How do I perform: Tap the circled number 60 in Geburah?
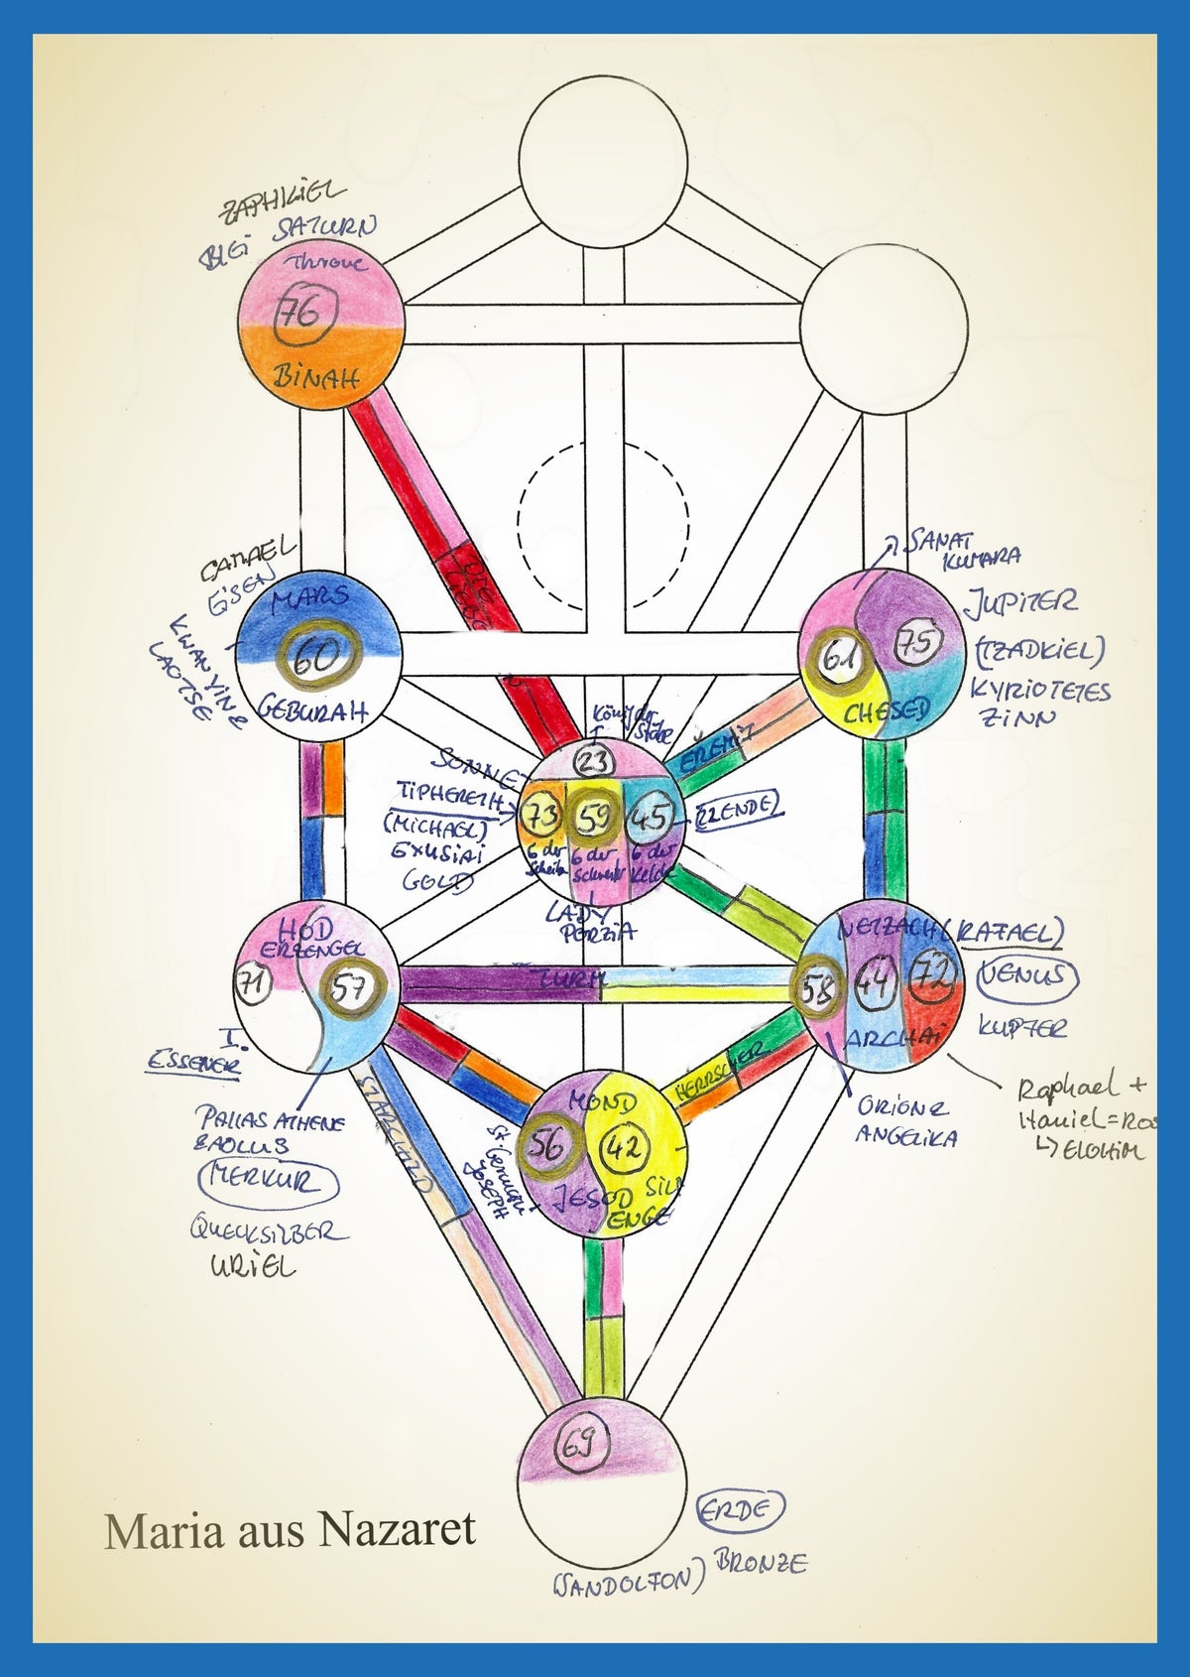pyautogui.click(x=317, y=656)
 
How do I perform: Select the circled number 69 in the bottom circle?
pyautogui.click(x=577, y=1446)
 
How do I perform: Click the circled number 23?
pyautogui.click(x=594, y=762)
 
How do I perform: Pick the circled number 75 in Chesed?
pyautogui.click(x=917, y=643)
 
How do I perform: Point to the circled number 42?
pyautogui.click(x=625, y=1148)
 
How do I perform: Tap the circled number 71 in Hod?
pyautogui.click(x=255, y=984)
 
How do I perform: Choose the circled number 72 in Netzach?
pyautogui.click(x=934, y=977)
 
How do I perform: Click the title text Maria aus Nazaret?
pyautogui.click(x=291, y=1529)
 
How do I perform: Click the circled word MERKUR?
pyautogui.click(x=269, y=1181)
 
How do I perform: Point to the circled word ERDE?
pyautogui.click(x=740, y=1510)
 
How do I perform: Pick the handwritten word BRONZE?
pyautogui.click(x=761, y=1563)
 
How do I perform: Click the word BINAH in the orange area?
pyautogui.click(x=315, y=377)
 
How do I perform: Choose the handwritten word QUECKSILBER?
pyautogui.click(x=268, y=1231)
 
